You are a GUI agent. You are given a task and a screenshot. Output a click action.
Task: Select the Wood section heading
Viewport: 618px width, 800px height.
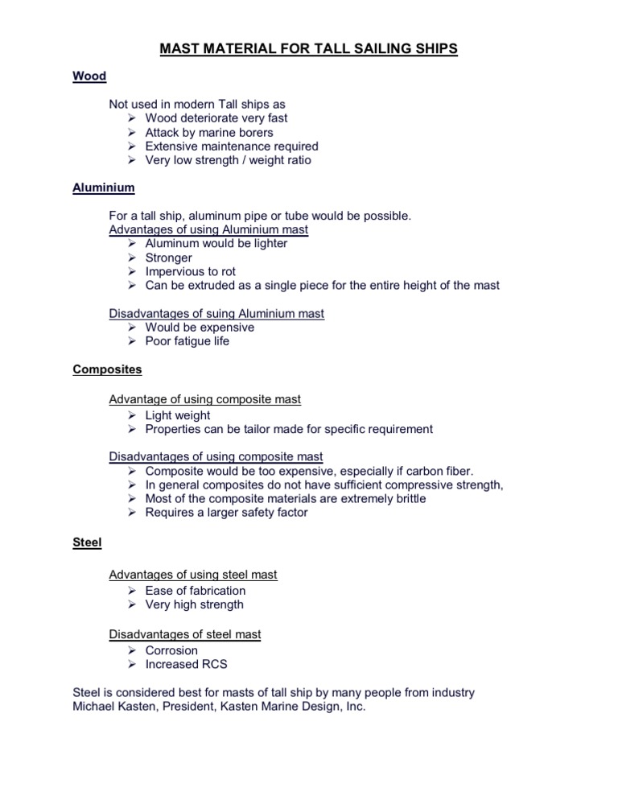pos(89,76)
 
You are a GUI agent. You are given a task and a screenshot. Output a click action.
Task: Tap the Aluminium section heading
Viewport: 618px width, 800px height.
pos(104,188)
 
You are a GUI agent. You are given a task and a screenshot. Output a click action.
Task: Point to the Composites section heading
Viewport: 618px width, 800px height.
pos(107,369)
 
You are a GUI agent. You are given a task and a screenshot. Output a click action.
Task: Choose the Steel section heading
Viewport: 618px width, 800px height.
pos(87,542)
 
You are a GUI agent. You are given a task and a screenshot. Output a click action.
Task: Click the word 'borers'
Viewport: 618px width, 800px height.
pos(278,132)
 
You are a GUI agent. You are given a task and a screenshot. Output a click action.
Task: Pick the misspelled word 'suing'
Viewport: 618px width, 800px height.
pos(208,313)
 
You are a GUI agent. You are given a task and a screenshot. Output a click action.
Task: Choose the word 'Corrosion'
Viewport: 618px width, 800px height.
pos(171,650)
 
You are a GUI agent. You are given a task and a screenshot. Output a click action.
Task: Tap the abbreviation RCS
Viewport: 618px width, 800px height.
pos(212,664)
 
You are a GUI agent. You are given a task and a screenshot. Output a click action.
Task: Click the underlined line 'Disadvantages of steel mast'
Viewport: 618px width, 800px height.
pos(185,634)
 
